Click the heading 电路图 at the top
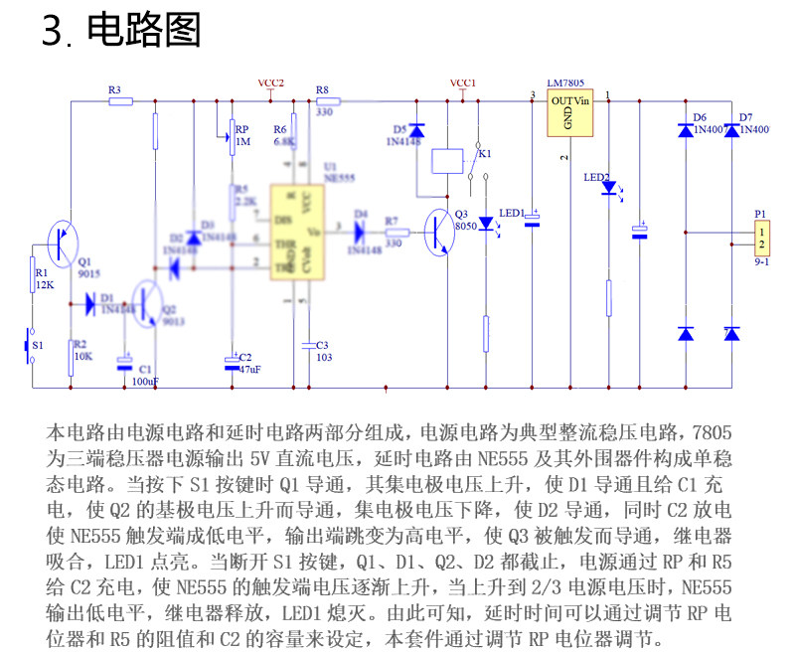coord(144,31)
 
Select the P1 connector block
coord(761,238)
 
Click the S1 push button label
coord(38,344)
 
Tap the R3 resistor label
coord(114,90)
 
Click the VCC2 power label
coord(270,82)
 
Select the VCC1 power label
coord(463,82)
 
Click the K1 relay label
coord(483,154)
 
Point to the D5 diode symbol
coord(417,130)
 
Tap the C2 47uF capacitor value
coord(249,369)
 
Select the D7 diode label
coord(745,117)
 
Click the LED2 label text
coord(596,177)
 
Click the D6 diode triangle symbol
coord(686,130)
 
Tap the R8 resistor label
coord(322,90)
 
